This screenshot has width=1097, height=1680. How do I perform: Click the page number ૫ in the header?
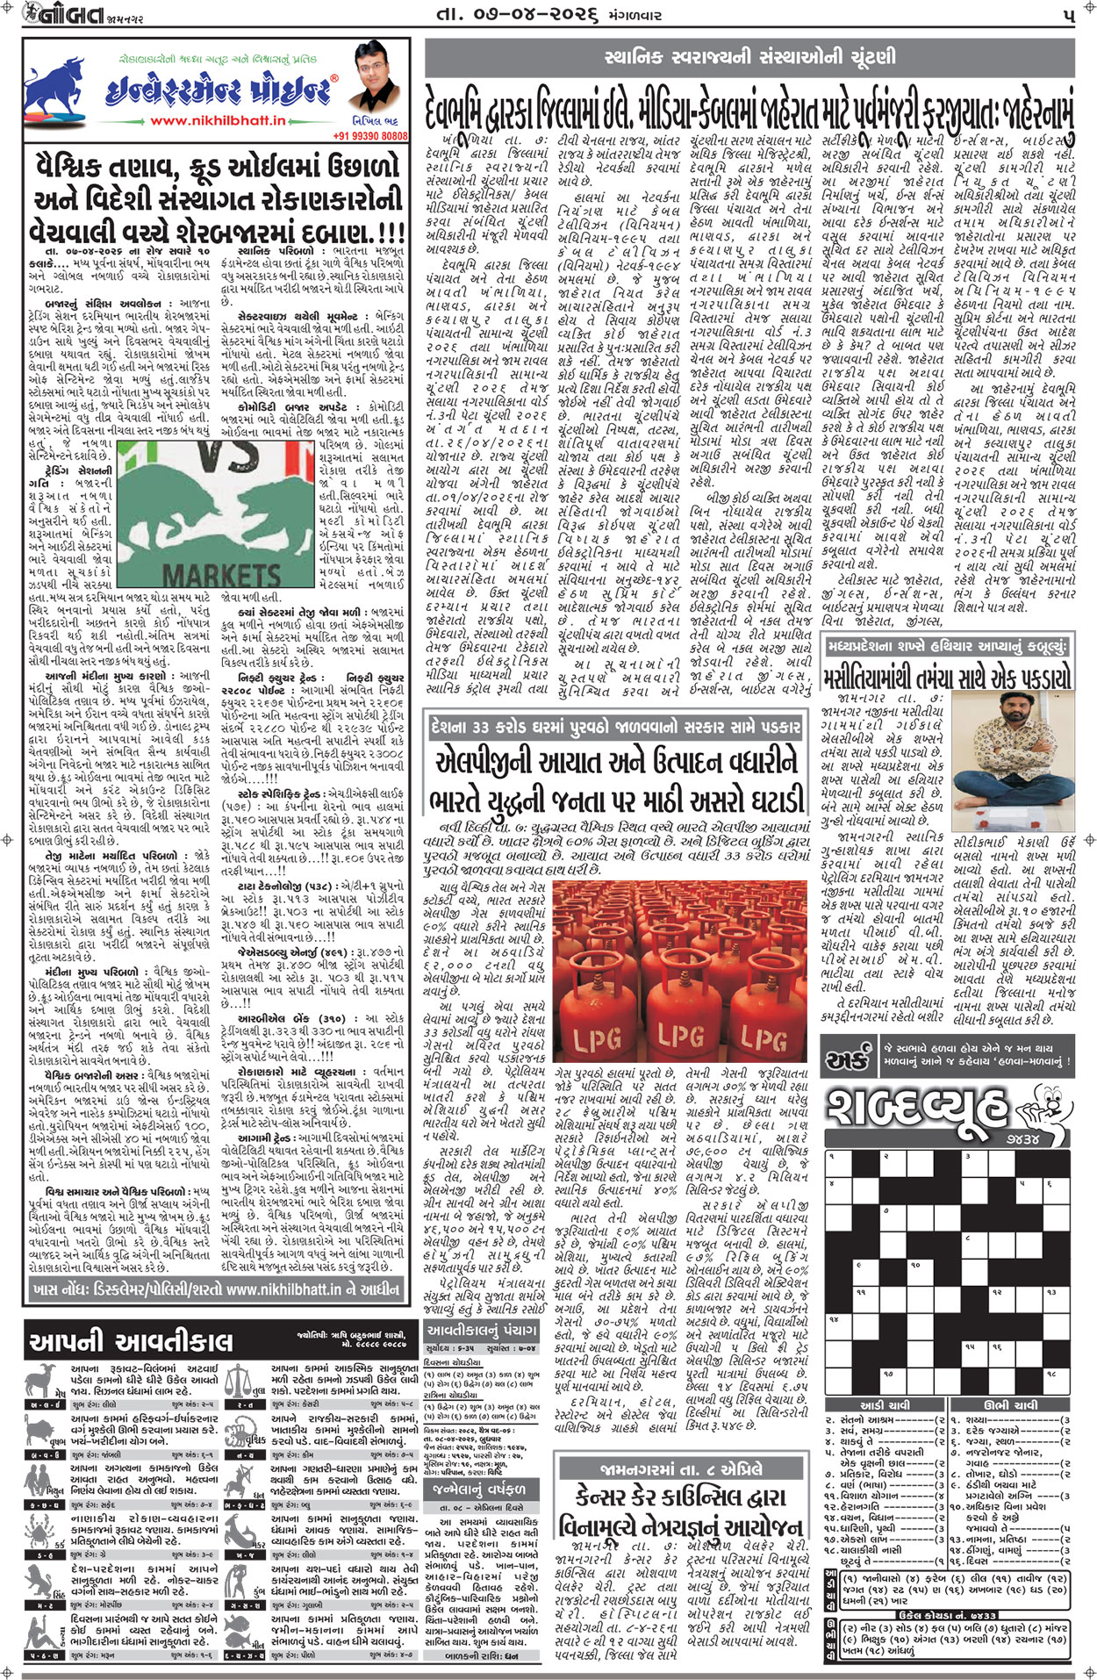[1067, 15]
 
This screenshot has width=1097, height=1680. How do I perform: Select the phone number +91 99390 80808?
[370, 136]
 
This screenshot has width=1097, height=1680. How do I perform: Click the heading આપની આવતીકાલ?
[132, 1342]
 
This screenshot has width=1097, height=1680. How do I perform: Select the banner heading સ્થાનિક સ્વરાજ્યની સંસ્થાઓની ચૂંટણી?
[750, 58]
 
